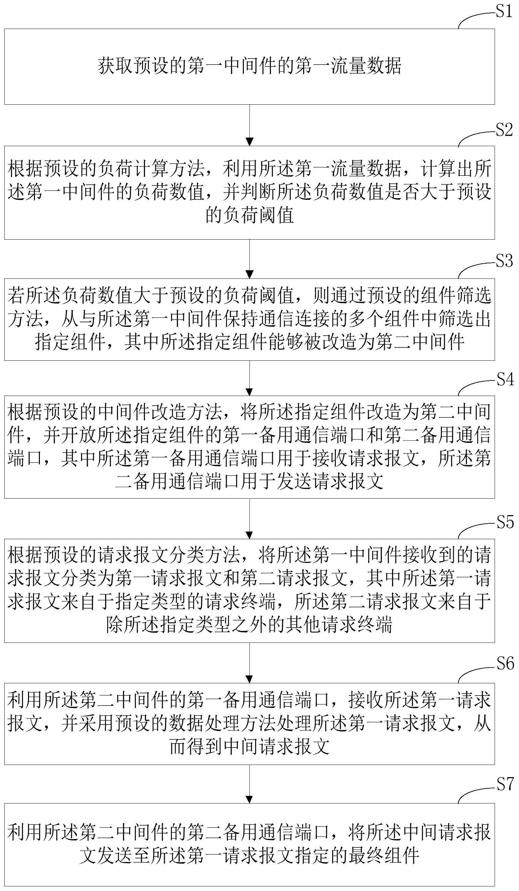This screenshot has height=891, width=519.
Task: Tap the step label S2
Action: (504, 130)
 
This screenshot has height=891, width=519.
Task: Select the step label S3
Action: (504, 261)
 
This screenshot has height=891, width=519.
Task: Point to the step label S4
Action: (505, 380)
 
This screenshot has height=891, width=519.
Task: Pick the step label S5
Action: (505, 522)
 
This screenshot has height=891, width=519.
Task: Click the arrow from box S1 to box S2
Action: (249, 125)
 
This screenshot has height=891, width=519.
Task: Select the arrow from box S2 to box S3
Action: (249, 259)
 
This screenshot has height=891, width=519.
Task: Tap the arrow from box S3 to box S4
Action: (249, 378)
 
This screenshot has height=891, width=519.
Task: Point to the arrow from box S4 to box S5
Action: (249, 518)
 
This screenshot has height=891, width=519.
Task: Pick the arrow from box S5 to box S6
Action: (249, 663)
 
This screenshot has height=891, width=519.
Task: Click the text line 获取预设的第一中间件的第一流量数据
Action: (249, 66)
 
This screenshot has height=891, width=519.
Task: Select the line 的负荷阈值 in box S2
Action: (249, 215)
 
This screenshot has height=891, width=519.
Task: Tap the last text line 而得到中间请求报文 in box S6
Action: (249, 747)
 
